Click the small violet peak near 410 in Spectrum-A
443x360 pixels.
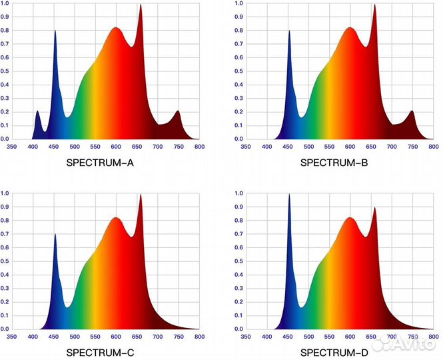(x=37, y=111)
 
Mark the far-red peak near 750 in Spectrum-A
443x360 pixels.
(x=178, y=111)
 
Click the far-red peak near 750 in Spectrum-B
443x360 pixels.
(x=412, y=111)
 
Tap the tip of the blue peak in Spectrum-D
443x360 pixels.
(x=289, y=195)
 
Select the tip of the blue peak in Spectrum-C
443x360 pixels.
(x=55, y=235)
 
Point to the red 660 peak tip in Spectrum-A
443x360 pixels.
(x=141, y=5)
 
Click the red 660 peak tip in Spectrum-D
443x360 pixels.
(x=374, y=208)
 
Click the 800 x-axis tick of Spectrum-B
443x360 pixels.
(x=433, y=146)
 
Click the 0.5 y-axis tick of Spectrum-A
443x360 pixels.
(x=5, y=71)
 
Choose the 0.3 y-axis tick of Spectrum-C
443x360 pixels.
(x=5, y=288)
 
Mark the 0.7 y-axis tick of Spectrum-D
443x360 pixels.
(x=238, y=234)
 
